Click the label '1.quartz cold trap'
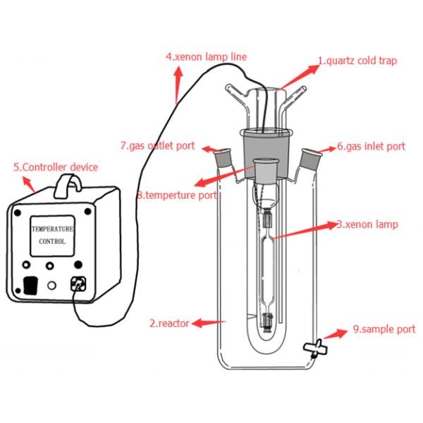point(357,61)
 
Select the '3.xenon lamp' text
point(367,225)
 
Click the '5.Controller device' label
point(56,167)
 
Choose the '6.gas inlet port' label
point(371,147)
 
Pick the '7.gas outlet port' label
point(157,146)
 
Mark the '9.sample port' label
point(384,329)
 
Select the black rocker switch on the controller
point(30,286)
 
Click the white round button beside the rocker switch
point(51,286)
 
